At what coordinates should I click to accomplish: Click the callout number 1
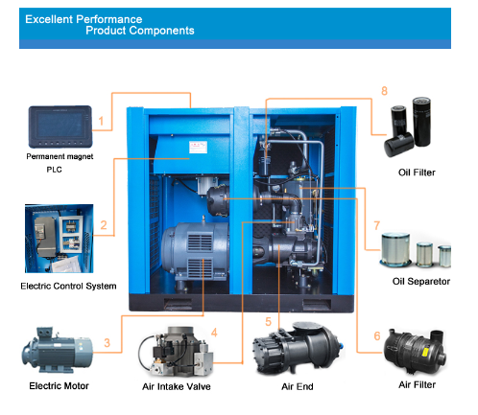click(101, 121)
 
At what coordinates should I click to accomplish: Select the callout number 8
click(384, 91)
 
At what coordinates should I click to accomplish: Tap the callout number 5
click(268, 322)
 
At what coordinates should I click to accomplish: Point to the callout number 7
click(377, 225)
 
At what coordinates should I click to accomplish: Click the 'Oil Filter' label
click(417, 173)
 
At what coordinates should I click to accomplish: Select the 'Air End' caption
click(298, 386)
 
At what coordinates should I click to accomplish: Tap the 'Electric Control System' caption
click(68, 286)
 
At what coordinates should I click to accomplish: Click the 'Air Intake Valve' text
click(177, 386)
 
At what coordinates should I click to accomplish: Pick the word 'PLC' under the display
click(54, 170)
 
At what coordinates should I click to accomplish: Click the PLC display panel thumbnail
click(60, 127)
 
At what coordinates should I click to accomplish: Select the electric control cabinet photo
click(60, 239)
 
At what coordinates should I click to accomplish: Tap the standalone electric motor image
click(57, 350)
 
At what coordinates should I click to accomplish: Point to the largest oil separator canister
click(395, 249)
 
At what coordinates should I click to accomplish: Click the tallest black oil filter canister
click(421, 122)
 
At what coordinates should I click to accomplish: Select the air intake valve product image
click(176, 352)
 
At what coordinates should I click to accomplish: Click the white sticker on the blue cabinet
click(198, 148)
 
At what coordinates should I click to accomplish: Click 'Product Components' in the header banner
click(140, 31)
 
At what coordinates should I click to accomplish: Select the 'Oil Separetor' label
click(421, 282)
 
